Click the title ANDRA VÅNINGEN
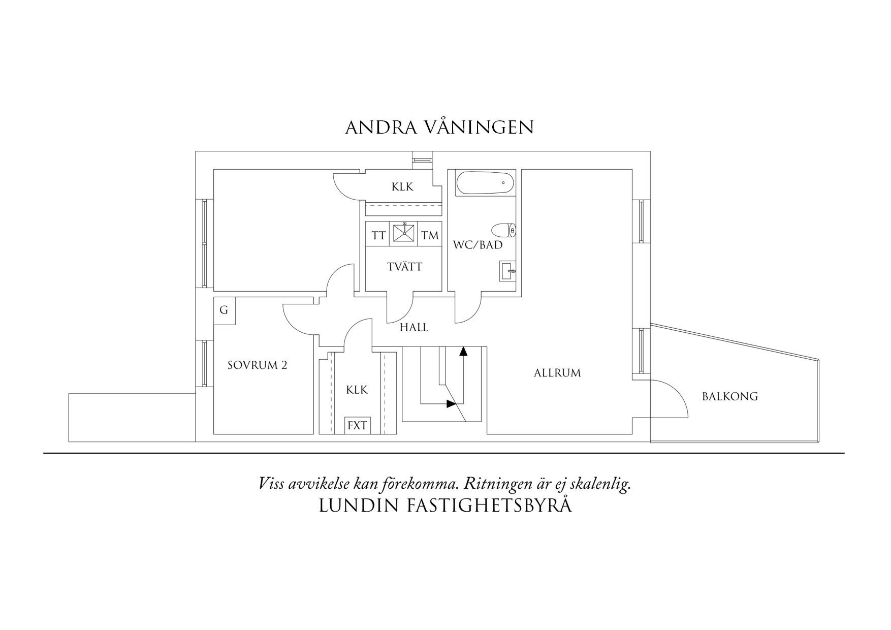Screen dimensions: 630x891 439,128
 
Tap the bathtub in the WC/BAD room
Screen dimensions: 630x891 485,183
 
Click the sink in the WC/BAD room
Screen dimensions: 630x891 507,271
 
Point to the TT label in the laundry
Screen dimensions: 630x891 378,236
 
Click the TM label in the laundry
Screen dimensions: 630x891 430,236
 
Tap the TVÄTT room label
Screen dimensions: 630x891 404,267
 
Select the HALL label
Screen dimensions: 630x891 413,328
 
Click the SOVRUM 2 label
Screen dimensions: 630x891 257,365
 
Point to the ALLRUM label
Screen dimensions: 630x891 557,373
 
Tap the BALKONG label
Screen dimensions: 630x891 729,396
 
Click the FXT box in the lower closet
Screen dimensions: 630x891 357,426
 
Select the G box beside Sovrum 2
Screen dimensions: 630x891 224,310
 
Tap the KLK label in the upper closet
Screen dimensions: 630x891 402,187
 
